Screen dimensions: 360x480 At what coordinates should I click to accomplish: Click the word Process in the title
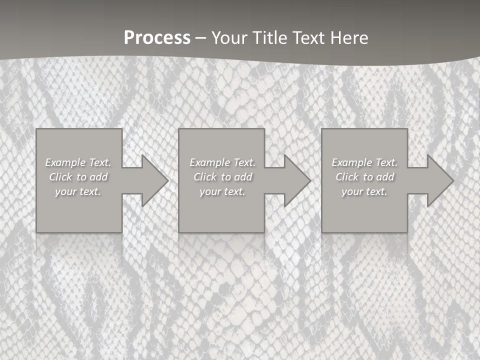tap(157, 38)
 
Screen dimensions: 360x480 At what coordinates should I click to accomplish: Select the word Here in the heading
tap(350, 38)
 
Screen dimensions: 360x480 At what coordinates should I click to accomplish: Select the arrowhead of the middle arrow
tap(296, 180)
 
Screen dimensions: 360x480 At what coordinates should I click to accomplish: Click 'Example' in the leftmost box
tap(65, 162)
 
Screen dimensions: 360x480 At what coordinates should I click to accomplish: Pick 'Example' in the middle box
tap(209, 162)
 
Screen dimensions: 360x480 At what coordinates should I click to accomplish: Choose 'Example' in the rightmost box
tap(351, 162)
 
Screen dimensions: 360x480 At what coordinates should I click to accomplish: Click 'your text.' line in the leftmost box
tap(78, 191)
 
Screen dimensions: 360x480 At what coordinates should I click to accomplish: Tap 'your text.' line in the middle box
tap(222, 191)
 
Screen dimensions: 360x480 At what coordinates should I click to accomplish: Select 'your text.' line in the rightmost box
tap(364, 191)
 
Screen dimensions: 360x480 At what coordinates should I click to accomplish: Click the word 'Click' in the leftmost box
tap(60, 177)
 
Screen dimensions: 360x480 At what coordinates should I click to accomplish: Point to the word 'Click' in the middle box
tap(205, 177)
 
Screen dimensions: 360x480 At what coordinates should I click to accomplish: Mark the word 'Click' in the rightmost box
tap(347, 177)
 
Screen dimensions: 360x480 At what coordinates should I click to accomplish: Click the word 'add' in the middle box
tap(243, 177)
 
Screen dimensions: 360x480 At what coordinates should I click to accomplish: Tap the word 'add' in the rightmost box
tap(385, 177)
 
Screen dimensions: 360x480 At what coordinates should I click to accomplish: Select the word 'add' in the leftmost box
tap(98, 177)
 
